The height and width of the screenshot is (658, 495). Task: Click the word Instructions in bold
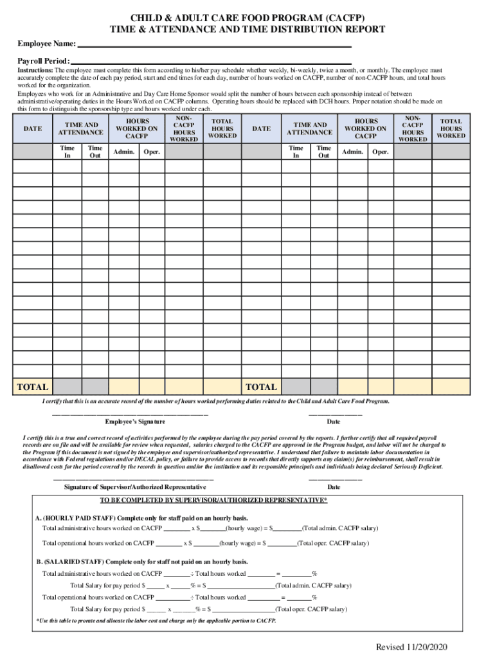coord(35,70)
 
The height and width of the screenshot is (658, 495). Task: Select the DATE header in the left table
coord(33,129)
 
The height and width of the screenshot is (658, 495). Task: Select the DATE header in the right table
coord(262,129)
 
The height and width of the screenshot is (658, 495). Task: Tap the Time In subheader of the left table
coord(66,152)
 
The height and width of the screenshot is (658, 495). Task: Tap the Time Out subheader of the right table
coord(324,152)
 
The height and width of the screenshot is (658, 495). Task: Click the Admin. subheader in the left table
coord(123,152)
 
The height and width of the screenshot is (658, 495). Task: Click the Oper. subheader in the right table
coord(381,152)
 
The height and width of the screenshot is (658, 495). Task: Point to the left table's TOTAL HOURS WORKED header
coord(222,128)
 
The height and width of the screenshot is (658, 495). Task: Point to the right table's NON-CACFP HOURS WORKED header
coord(413,128)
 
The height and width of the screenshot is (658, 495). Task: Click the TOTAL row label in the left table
coord(33,387)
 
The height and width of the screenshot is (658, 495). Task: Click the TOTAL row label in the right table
coord(262,387)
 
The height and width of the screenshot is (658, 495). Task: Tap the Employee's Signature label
coord(135,422)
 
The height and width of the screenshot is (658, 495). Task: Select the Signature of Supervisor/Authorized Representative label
coord(135,487)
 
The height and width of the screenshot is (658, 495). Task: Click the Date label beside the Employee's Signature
coord(334,422)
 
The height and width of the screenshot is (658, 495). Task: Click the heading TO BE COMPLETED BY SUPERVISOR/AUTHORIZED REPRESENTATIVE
coord(213,500)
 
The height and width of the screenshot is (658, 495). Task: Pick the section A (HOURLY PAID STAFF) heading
coord(141,518)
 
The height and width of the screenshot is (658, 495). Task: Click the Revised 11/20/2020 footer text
coord(411,646)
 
